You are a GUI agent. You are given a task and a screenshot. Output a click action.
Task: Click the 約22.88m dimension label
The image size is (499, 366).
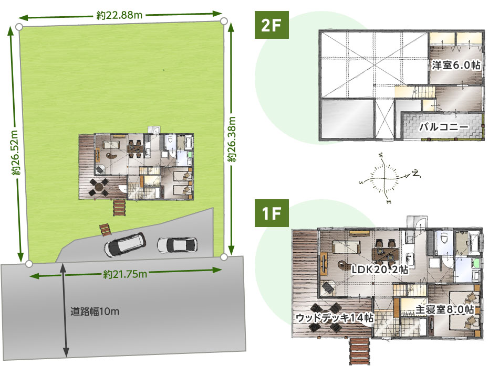tap(119, 15)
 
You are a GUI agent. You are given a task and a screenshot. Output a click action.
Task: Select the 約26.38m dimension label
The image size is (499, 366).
tap(232, 139)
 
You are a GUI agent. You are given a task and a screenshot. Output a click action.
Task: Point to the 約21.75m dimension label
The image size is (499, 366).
tap(125, 274)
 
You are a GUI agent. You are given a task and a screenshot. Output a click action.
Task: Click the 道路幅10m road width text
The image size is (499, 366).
tap(95, 311)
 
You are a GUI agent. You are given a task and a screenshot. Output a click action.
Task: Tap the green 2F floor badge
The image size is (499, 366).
tap(272, 25)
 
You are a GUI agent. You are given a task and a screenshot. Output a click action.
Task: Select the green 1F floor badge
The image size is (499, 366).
tap(272, 213)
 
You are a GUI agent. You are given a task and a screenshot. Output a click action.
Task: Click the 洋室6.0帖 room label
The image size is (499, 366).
tap(456, 66)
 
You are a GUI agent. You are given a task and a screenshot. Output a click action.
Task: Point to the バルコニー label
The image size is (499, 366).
tap(444, 127)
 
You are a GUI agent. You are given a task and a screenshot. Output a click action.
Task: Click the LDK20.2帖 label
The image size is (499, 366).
tap(380, 270)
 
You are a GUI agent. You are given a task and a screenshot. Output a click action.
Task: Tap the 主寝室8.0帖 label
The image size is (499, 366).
tap(444, 309)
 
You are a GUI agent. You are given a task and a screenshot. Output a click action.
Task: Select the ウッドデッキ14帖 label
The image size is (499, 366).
tap(335, 317)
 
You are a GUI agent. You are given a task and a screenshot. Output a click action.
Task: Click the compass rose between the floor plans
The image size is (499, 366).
tap(386, 178)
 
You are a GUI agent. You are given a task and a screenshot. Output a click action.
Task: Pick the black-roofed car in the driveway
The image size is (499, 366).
tap(125, 244)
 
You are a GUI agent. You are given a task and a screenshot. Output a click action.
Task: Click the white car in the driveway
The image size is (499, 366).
tap(177, 245)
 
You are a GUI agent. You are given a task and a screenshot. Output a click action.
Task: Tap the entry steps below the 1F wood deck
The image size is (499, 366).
tap(360, 351)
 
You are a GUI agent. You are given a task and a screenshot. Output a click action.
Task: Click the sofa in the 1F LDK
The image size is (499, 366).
tap(347, 247)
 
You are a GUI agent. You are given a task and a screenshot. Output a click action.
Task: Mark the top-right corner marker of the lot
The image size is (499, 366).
tap(224, 21)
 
